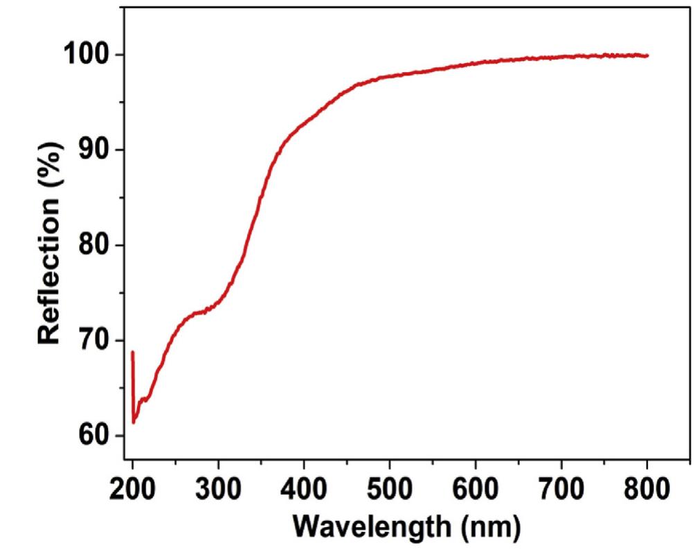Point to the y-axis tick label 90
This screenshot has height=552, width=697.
94,150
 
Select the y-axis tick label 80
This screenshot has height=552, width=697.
94,246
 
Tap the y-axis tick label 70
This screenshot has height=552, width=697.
94,341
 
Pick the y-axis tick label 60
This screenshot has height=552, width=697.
94,436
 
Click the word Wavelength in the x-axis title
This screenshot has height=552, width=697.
370,528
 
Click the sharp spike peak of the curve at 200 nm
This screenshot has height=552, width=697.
132,352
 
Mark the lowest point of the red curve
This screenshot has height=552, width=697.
134,422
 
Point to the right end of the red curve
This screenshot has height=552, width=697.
647,55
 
